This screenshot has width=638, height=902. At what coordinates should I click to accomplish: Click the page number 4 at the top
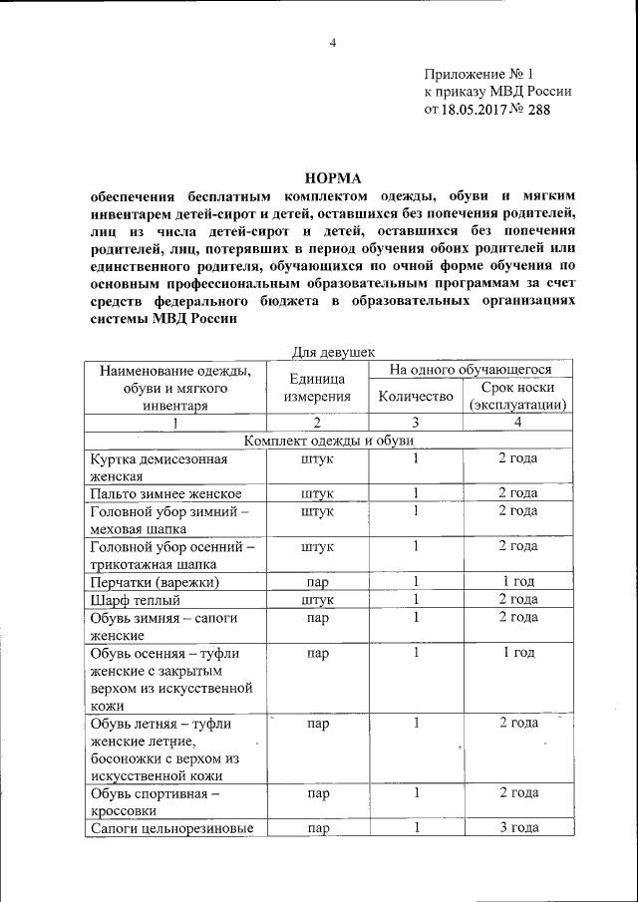[333, 42]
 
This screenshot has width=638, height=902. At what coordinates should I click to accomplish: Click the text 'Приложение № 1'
[479, 74]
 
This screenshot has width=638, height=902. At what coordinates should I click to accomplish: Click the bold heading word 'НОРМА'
[333, 177]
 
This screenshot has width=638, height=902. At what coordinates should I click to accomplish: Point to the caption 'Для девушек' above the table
[332, 352]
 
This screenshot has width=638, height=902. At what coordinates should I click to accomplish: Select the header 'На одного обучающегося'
[470, 370]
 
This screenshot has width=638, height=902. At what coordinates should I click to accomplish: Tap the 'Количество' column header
[416, 397]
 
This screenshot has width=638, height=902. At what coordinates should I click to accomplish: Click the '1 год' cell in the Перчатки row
[517, 581]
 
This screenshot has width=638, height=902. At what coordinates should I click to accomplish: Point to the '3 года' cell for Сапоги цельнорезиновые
[517, 828]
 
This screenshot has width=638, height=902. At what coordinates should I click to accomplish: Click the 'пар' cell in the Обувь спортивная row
[318, 793]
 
